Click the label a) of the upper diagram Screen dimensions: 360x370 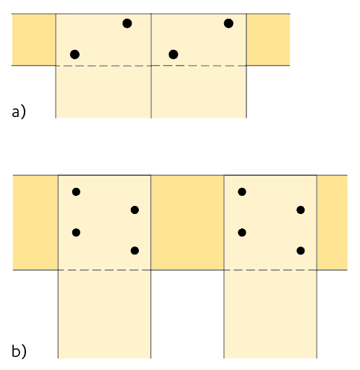point(19,112)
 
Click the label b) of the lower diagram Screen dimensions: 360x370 point(19,351)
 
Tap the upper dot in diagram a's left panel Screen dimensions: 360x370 point(127,23)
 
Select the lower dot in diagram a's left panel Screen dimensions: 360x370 point(74,54)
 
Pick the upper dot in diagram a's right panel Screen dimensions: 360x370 point(228,23)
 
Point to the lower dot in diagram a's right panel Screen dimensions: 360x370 point(173,54)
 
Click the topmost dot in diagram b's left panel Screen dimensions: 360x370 point(76,192)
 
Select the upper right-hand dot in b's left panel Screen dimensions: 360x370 point(134,210)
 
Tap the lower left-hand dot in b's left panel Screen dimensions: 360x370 point(76,233)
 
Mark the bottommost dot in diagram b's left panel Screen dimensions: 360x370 point(134,251)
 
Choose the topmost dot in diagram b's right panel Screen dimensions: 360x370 point(242,192)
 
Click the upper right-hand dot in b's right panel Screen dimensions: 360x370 point(301,210)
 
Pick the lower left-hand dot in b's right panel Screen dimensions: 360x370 point(242,233)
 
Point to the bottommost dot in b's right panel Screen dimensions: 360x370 point(301,251)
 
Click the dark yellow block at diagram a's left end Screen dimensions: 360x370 point(34,40)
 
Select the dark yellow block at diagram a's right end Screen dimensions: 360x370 point(268,40)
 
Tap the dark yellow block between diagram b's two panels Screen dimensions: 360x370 point(187,223)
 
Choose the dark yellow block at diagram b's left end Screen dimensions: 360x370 point(35,223)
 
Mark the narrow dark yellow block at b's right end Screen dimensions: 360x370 point(332,223)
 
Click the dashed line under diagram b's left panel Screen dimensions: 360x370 point(104,270)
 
